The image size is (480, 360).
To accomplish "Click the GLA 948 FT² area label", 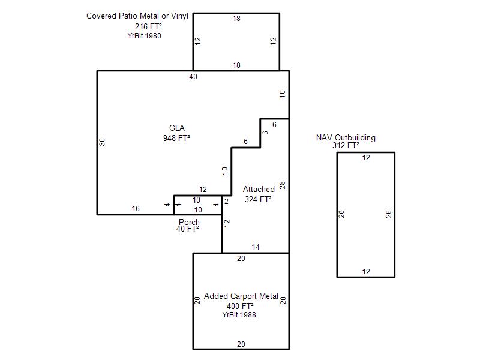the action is click(176, 133).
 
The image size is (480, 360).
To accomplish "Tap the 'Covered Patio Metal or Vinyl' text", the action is click(137, 16).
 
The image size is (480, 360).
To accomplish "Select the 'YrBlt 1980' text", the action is click(144, 36).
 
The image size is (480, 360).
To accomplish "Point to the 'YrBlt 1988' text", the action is click(239, 314).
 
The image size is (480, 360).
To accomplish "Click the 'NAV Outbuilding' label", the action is click(346, 137).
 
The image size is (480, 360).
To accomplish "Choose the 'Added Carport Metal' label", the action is click(241, 296).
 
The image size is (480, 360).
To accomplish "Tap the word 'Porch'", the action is click(189, 222).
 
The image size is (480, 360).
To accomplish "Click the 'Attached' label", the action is click(259, 189).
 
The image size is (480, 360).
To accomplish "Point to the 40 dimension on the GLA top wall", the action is click(193, 77).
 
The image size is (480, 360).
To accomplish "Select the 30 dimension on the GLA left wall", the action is click(102, 142).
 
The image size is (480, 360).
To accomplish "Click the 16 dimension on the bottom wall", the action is click(136, 208).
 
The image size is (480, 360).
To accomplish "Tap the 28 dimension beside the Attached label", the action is click(282, 185).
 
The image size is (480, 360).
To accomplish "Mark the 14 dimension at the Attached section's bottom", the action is click(256, 247).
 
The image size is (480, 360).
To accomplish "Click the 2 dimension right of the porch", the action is click(226, 201).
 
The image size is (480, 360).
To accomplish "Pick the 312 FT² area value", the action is click(346, 145).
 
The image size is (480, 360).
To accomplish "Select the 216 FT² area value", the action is click(148, 26).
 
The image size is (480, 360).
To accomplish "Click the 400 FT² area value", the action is click(240, 306).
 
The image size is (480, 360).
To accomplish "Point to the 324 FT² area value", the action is click(258, 199).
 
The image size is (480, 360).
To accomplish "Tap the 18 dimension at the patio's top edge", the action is click(236, 19).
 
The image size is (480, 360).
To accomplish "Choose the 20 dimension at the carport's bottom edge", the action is click(241, 344).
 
